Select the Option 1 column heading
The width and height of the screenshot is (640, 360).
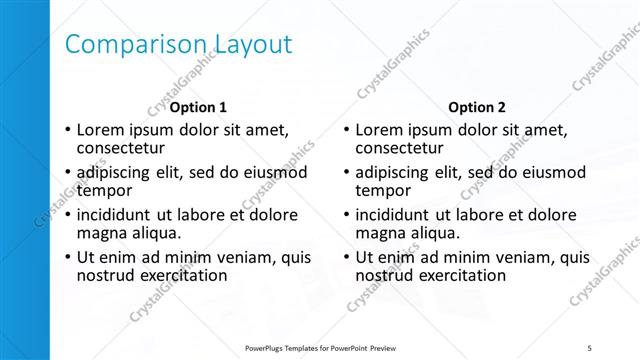198,106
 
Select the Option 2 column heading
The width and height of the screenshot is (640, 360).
477,106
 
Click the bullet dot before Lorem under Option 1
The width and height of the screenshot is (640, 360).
66,130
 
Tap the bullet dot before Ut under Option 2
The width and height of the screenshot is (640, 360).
345,256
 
